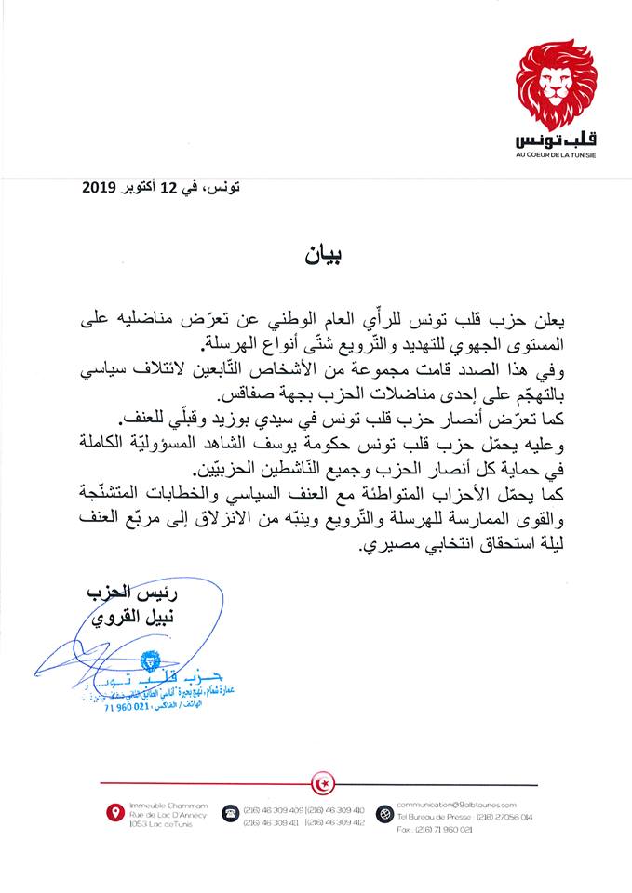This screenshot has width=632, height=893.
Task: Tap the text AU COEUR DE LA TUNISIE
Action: coord(556,154)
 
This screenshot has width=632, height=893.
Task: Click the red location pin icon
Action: coord(114,815)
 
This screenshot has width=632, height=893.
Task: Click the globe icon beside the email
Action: coord(383,815)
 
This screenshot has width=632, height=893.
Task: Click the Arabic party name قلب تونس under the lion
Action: coord(555,140)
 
